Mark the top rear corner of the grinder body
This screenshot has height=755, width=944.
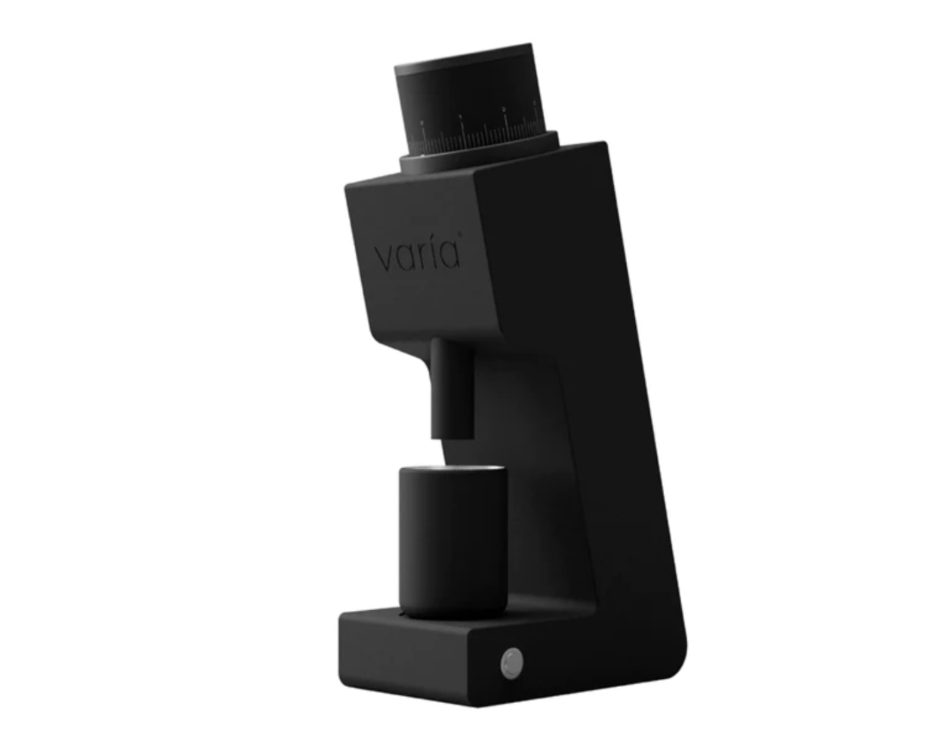coord(603,146)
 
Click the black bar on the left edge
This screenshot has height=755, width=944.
coord(23,377)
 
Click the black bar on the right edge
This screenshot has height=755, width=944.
coord(921,377)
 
